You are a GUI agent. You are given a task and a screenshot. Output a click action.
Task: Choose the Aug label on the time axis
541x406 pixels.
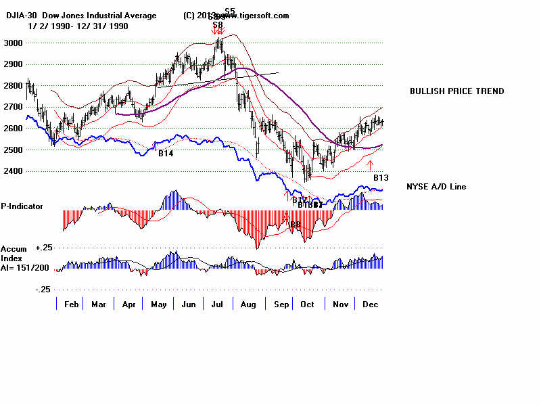coord(248,304)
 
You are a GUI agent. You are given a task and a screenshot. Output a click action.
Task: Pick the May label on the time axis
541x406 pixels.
coord(158,304)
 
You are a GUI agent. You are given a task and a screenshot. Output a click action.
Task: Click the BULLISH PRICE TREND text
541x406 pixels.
coord(456,91)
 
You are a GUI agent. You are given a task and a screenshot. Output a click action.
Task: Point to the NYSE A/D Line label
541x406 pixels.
coord(436,187)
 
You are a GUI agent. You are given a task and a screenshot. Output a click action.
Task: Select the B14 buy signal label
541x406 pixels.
coord(166,154)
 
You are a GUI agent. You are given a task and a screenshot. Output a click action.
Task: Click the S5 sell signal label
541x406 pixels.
coord(230,12)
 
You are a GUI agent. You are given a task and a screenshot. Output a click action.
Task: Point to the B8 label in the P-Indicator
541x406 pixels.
coord(295,223)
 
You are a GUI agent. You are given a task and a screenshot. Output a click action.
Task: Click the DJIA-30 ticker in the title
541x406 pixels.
coord(18,16)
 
